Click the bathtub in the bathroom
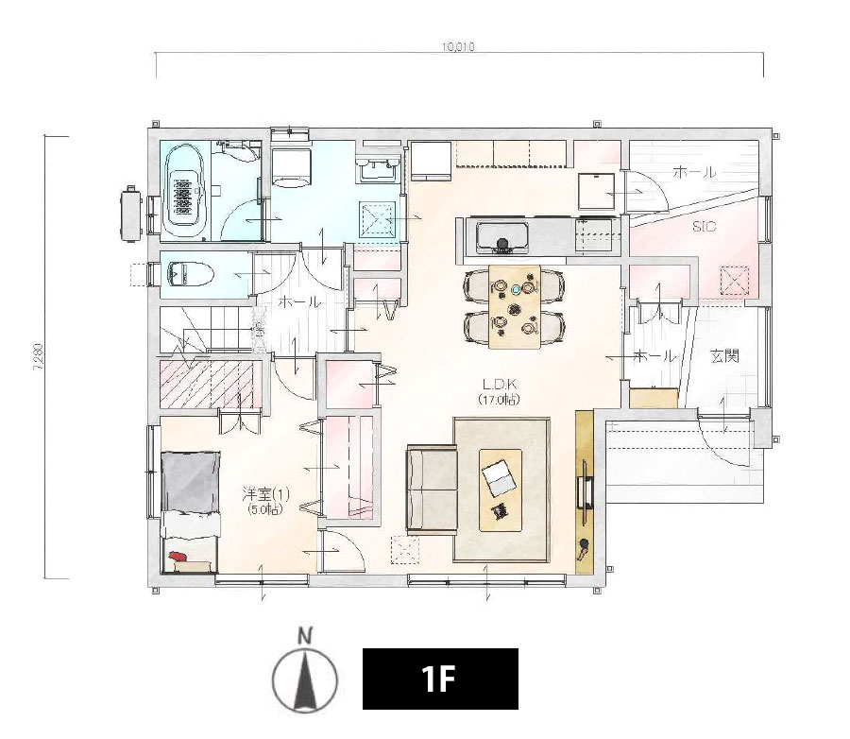pos(184,191)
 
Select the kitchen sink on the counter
pos(502,238)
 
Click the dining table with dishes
pos(515,306)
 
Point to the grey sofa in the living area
pos(432,489)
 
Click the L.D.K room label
pos(499,385)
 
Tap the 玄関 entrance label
pos(724,356)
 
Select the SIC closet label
pos(704,227)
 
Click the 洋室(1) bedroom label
pos(265,494)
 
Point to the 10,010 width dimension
pos(458,47)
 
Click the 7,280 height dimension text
pos(39,357)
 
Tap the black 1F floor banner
pos(440,679)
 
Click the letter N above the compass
pos(305,636)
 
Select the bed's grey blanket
pos(190,482)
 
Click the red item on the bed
pos(178,557)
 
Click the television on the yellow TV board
pos(585,491)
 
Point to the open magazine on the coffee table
pos(498,477)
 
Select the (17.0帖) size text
pos(499,401)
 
